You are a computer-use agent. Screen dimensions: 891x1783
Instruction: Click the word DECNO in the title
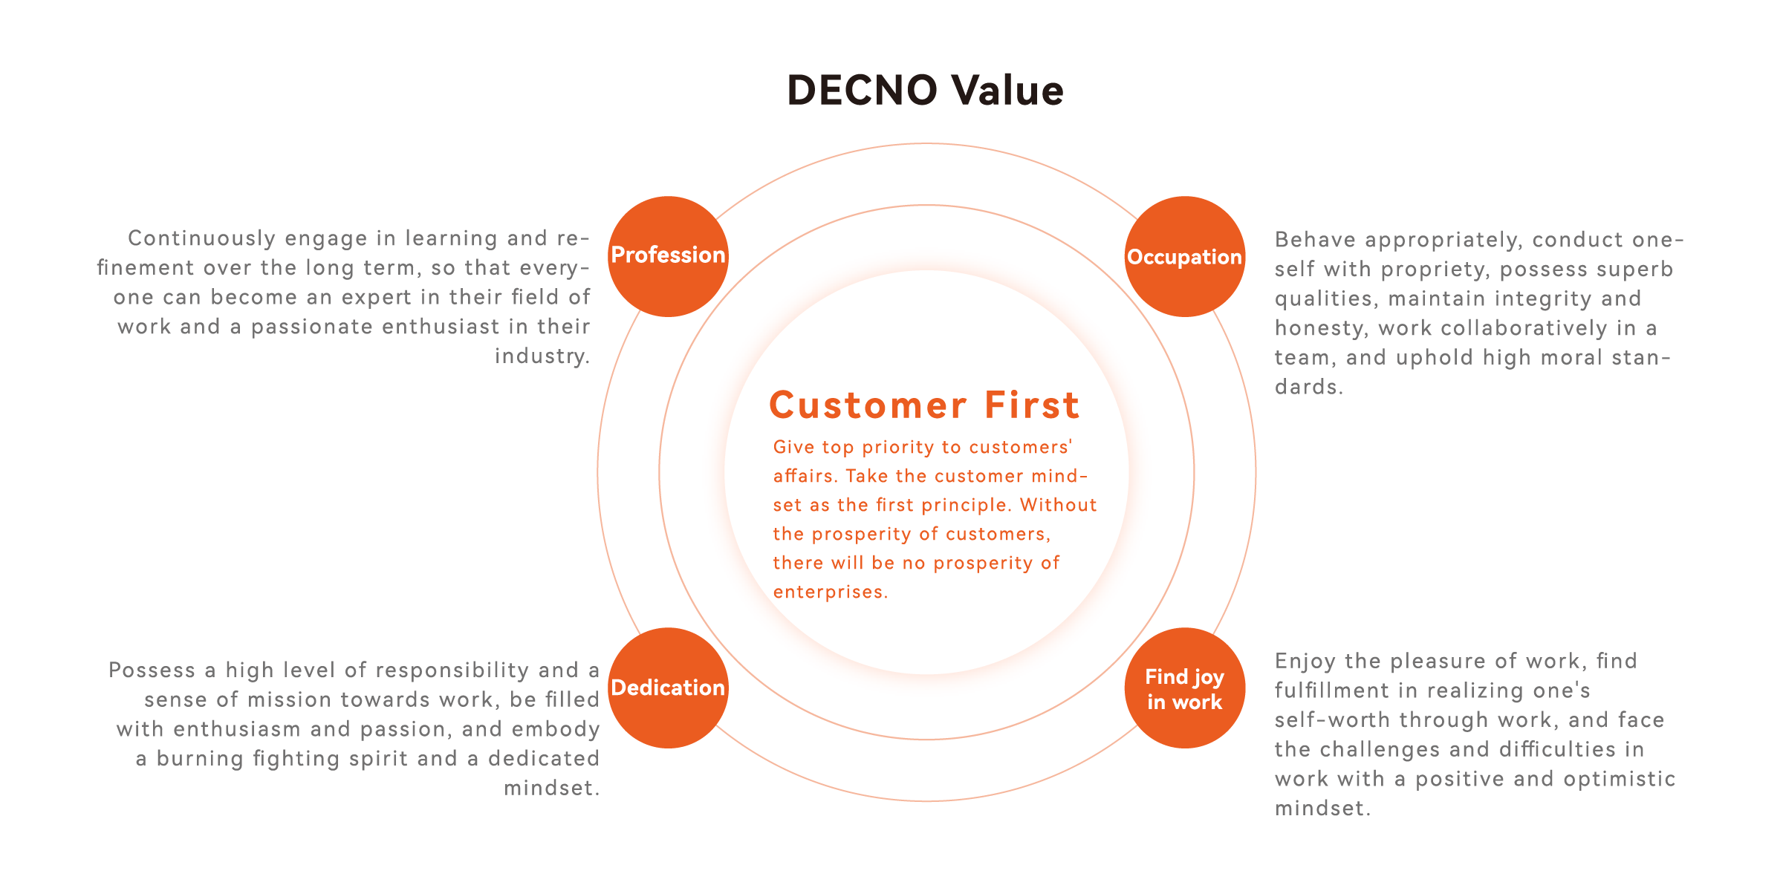[x=863, y=91]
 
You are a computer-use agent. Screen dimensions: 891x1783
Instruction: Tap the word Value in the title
[x=1008, y=91]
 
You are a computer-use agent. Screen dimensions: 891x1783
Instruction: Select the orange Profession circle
[x=668, y=255]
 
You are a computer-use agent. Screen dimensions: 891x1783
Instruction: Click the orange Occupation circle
[x=1184, y=257]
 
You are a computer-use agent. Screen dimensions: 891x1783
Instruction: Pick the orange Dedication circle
[x=668, y=688]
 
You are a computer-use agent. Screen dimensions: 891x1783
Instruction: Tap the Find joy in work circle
[x=1184, y=688]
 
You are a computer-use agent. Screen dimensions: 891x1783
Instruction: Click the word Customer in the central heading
[x=868, y=405]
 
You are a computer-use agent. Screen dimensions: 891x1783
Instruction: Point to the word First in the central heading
[x=1032, y=405]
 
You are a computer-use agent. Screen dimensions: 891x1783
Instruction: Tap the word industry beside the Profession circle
[x=542, y=356]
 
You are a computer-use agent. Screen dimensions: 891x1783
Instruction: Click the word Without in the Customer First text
[x=1058, y=505]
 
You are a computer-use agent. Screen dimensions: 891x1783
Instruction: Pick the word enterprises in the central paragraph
[x=829, y=592]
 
